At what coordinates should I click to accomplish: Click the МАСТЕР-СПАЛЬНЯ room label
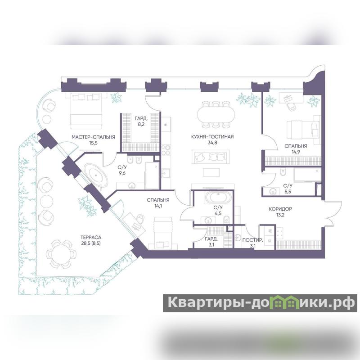coord(93,137)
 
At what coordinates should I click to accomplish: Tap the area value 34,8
coord(212,143)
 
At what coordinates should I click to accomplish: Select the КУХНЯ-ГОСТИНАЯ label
coord(212,137)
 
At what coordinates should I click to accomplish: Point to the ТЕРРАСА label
coord(91,238)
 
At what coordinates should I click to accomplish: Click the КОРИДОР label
coord(280,209)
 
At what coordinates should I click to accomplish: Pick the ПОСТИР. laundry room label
coord(252,240)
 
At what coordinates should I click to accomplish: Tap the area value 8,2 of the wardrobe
coord(141,125)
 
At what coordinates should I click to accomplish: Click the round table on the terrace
coord(61,254)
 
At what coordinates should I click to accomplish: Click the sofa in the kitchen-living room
coord(211,157)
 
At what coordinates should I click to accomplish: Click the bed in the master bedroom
coord(86,111)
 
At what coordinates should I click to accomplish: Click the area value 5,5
coord(288,192)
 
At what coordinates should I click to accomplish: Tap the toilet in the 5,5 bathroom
coord(283,171)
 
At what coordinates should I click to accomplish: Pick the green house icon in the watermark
coord(285,302)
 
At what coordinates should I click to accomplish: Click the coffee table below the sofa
coord(211,172)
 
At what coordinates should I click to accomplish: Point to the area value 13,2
coord(280,215)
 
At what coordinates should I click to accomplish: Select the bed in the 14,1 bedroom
coord(163,233)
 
